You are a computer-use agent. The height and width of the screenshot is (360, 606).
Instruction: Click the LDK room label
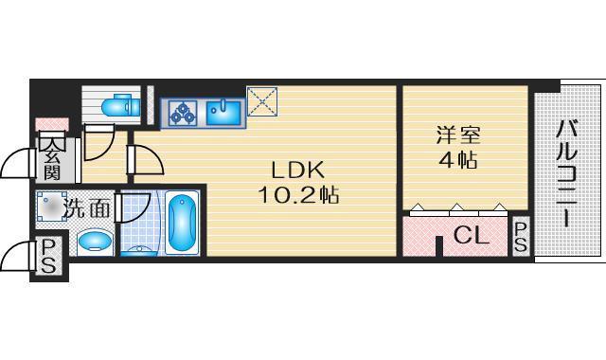[298, 171]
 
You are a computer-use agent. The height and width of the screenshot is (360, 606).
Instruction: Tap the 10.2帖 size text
[299, 196]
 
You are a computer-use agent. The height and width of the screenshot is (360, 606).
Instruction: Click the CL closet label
[470, 236]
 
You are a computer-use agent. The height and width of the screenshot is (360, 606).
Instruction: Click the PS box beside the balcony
[522, 237]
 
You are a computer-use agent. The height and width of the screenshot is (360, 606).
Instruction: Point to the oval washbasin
[93, 243]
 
